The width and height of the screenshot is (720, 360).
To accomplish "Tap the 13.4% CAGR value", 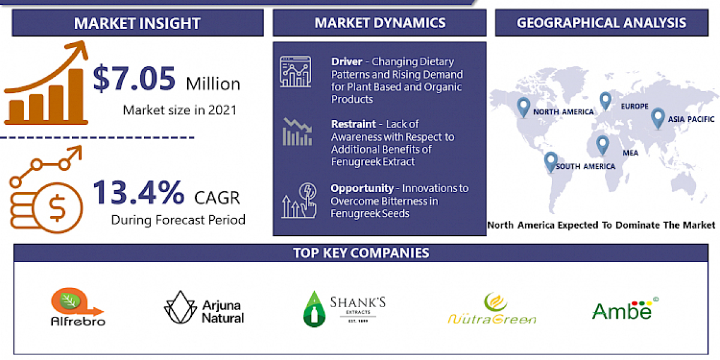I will point(139,193).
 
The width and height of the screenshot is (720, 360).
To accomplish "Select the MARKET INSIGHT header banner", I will point(137,23).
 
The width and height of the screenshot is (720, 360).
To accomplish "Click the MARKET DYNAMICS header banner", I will point(379,23).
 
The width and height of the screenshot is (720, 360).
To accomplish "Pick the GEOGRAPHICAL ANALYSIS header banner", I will point(602,23).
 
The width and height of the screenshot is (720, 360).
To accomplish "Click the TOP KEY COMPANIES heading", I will point(361,253).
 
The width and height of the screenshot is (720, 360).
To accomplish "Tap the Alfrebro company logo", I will point(77,307).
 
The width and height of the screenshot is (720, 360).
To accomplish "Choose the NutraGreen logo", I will point(492,309).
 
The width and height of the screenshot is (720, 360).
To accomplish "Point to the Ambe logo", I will point(622,309).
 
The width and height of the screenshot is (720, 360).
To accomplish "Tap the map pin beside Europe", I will point(605,101).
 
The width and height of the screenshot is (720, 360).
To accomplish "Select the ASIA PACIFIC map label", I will point(692,119).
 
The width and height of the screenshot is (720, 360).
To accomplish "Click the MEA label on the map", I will point(630,153).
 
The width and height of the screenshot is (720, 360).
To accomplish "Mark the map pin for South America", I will point(550,161).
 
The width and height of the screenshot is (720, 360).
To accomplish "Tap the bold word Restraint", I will point(353,124).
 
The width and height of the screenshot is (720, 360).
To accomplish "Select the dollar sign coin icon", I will point(58,209).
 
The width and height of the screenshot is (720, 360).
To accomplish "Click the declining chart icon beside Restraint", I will point(298,133).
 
